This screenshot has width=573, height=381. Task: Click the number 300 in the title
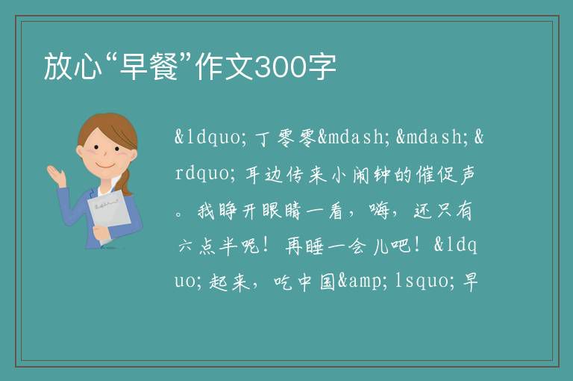point(280,67)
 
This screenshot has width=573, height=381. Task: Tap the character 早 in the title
point(134,66)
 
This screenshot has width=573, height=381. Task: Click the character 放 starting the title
point(58,66)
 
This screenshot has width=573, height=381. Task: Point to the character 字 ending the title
point(322,66)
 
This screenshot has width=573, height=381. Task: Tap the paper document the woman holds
point(109,215)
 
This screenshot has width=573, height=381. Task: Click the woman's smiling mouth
point(105,165)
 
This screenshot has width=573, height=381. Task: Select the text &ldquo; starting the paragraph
point(207,137)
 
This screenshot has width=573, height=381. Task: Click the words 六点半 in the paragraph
point(207,246)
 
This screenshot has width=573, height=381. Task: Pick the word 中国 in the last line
point(317,282)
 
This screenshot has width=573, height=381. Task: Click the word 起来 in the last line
point(229,282)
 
